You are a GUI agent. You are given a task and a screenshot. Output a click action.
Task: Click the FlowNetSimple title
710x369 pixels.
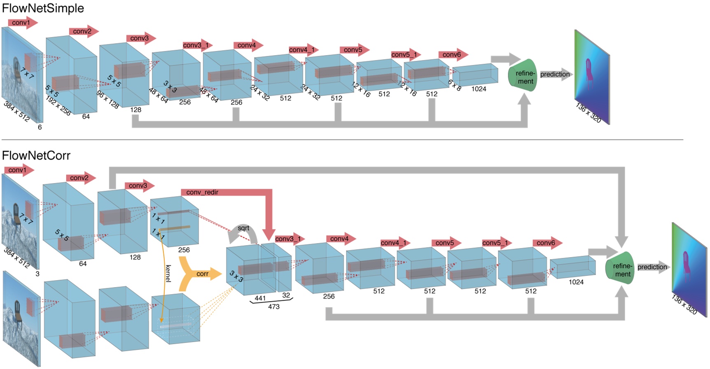[43, 8]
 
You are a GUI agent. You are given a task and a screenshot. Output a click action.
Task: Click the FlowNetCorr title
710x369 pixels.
[36, 155]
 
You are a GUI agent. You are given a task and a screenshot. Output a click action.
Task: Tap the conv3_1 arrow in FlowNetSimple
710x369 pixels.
[196, 45]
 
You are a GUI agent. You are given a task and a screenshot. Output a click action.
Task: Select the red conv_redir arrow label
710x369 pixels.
[202, 192]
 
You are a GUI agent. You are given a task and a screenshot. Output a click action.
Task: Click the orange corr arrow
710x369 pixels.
[201, 274]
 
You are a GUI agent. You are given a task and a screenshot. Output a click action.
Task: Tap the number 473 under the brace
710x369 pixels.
[273, 306]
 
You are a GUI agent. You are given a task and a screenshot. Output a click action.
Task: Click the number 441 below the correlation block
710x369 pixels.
[260, 298]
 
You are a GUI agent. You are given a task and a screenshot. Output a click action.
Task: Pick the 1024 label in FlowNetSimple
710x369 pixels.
[479, 89]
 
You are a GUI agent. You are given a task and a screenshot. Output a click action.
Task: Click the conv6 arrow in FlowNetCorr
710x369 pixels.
[547, 243]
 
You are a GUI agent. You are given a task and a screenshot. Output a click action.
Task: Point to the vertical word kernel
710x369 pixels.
[168, 273]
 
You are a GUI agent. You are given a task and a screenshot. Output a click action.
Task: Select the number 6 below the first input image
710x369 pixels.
[40, 127]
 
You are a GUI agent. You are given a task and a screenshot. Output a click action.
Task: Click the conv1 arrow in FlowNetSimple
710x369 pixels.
[22, 23]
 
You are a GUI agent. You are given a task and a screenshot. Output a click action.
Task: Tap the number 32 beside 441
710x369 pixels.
[286, 295]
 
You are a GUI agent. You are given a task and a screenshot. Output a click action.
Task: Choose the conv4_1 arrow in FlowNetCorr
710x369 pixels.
[395, 243]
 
